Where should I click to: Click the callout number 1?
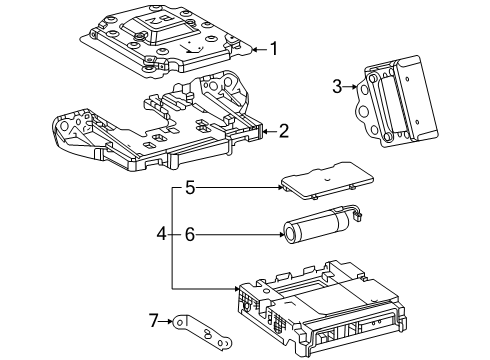click(x=274, y=46)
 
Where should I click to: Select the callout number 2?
click(x=284, y=130)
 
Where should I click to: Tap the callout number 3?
click(x=338, y=87)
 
